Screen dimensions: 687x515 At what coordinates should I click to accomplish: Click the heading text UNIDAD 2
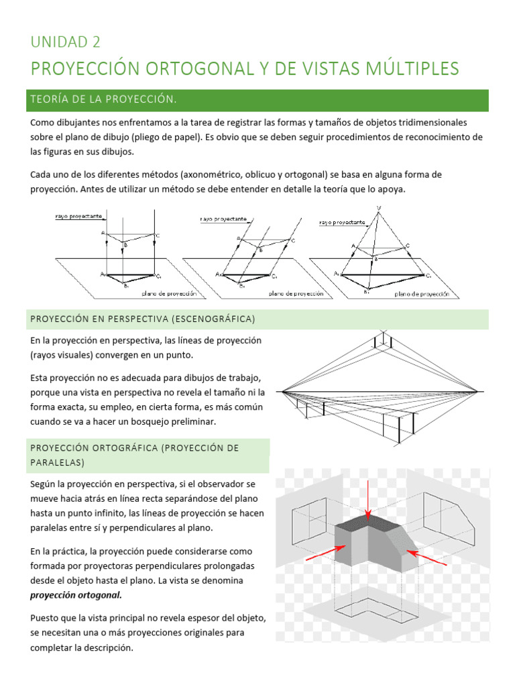(x=65, y=42)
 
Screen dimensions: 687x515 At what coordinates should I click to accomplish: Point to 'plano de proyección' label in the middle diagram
(x=296, y=293)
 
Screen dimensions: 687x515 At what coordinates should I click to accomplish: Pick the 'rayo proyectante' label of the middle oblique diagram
(x=223, y=219)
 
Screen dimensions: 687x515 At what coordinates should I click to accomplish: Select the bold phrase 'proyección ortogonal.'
(x=76, y=594)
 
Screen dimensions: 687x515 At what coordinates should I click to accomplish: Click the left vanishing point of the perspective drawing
(x=280, y=390)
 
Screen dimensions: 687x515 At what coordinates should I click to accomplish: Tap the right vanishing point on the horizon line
(x=477, y=390)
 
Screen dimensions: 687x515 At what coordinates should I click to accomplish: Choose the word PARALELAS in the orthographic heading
(x=57, y=463)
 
